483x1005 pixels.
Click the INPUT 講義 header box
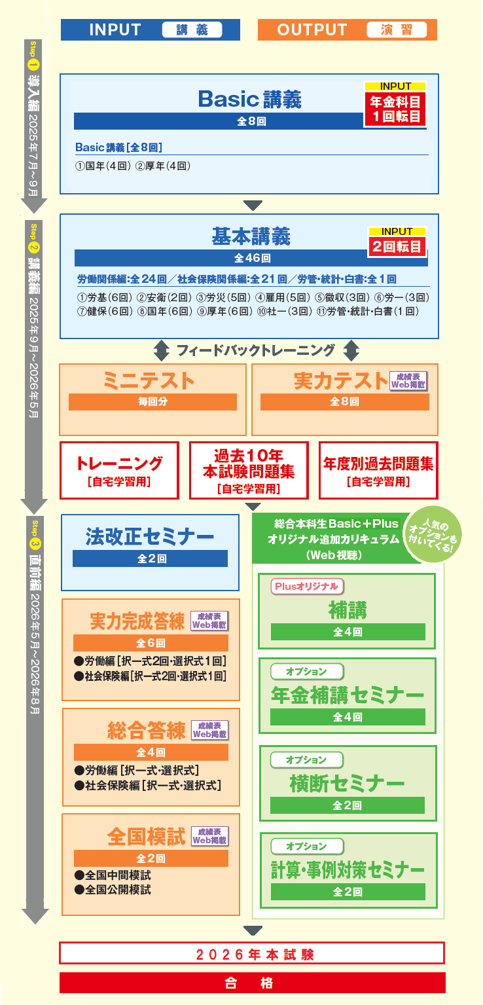point(150,30)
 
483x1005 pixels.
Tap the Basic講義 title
point(249,99)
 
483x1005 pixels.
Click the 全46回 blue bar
point(251,258)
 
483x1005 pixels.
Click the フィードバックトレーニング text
point(256,351)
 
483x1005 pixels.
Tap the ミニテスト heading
point(149,380)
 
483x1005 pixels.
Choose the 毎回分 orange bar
point(152,402)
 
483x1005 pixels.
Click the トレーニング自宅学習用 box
point(119,470)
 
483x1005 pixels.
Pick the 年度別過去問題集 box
point(378,470)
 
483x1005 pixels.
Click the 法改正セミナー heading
point(150,536)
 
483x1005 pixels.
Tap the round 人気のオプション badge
point(434,536)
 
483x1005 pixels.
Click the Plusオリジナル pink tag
point(308,587)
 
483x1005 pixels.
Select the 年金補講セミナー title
point(347,695)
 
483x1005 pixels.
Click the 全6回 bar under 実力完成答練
point(151,643)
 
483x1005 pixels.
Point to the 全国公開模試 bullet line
point(113,890)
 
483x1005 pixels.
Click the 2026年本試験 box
point(252,953)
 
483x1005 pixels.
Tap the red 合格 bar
point(252,983)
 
